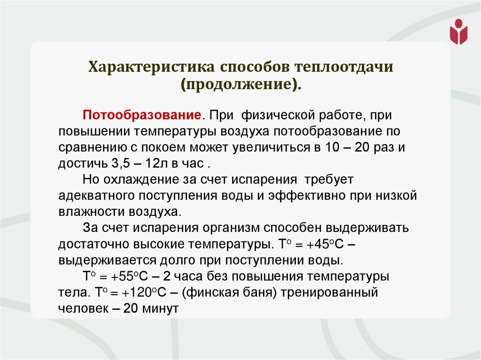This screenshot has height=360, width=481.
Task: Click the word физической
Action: (280, 115)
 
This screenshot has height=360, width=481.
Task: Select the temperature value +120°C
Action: (147, 292)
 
